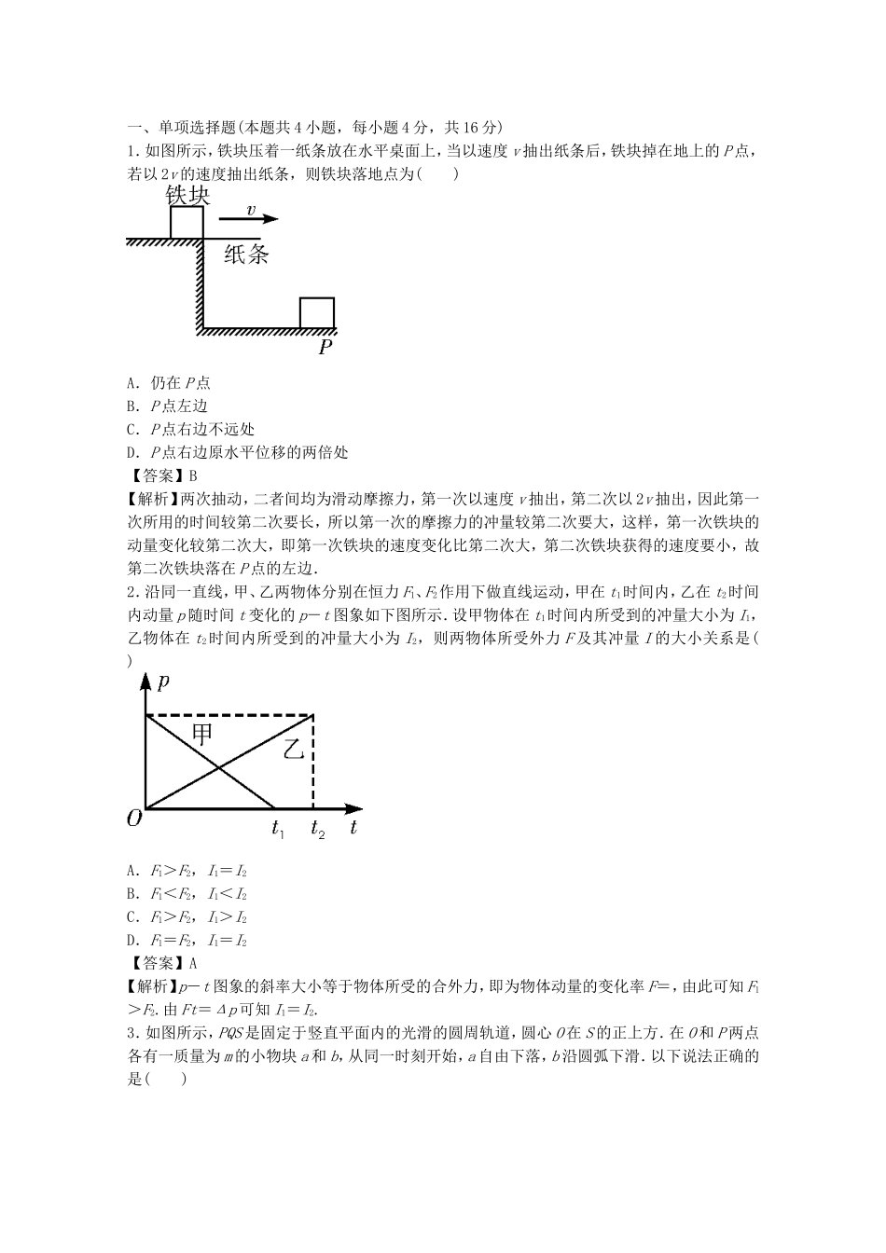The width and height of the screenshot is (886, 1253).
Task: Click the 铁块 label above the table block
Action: tap(187, 195)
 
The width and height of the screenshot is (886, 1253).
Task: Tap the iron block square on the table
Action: tap(187, 223)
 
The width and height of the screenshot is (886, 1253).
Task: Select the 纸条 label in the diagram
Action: tap(246, 255)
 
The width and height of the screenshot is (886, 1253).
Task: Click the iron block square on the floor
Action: tap(316, 313)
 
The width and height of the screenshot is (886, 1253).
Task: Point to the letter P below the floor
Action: tap(325, 348)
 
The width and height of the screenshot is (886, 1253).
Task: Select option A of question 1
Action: tap(169, 382)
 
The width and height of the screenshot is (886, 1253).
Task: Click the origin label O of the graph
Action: tap(134, 818)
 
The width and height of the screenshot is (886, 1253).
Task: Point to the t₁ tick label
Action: tap(277, 828)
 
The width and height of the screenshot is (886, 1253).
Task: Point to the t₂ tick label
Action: tap(318, 828)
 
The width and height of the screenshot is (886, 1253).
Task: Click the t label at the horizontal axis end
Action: tap(353, 827)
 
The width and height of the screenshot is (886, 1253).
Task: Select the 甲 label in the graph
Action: tap(201, 734)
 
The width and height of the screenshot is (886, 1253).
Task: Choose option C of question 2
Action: tap(187, 917)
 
